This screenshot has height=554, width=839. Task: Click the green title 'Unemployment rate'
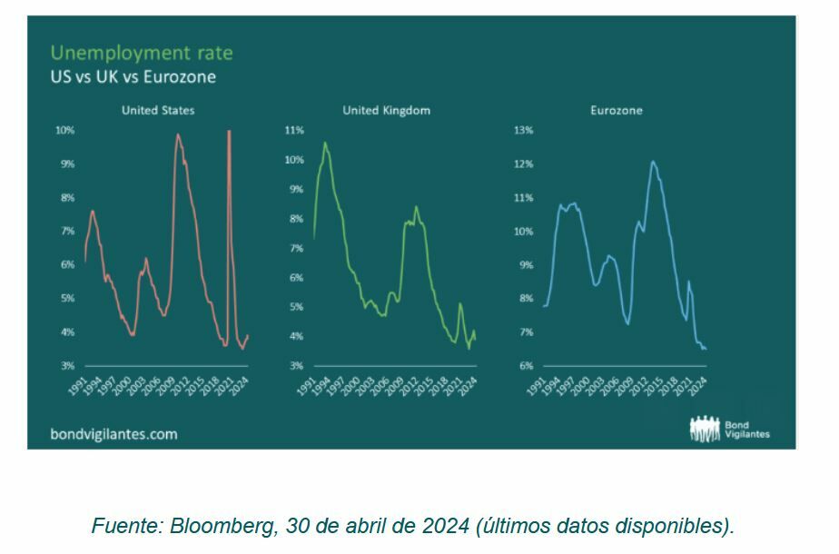click(141, 53)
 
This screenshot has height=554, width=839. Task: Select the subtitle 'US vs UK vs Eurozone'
click(133, 77)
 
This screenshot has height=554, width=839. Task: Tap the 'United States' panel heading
click(158, 110)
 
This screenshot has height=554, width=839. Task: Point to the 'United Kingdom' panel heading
click(386, 110)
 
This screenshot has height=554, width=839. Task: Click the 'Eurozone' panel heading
click(616, 110)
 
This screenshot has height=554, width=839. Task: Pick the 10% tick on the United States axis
click(64, 131)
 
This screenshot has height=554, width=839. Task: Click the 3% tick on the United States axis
click(67, 366)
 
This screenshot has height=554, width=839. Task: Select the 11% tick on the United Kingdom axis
click(293, 131)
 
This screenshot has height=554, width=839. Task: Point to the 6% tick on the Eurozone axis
click(525, 366)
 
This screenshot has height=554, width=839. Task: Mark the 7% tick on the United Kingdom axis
click(295, 248)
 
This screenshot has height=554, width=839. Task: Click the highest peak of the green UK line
click(325, 143)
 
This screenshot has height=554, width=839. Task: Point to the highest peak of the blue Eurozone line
click(653, 162)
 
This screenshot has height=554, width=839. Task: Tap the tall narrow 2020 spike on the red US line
click(229, 133)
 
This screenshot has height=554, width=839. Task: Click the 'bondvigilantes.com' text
click(114, 434)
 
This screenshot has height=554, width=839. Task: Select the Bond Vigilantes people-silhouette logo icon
click(705, 429)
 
